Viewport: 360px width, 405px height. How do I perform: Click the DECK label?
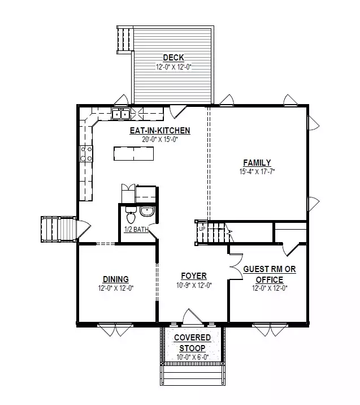point(174,57)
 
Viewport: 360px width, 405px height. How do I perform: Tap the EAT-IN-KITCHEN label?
point(160,131)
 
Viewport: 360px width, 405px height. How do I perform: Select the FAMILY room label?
point(257,163)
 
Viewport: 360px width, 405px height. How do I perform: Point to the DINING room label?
point(116,279)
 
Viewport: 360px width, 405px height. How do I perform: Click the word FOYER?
point(194,276)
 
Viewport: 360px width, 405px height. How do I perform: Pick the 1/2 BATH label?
point(137,229)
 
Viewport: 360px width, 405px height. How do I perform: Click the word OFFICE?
point(270,280)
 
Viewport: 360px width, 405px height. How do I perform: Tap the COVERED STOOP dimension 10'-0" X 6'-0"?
point(193,357)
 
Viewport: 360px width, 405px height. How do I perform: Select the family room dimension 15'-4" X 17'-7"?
point(257,172)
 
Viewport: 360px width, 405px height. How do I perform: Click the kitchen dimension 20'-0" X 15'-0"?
point(160,140)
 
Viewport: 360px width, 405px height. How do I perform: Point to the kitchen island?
point(134,154)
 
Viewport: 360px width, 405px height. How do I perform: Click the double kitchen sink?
point(120,114)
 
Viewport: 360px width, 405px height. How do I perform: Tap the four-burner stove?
point(86,153)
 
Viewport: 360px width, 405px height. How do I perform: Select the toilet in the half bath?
point(131,215)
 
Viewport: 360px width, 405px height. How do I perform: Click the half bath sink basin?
point(147,211)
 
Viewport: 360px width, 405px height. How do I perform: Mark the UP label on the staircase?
point(202,229)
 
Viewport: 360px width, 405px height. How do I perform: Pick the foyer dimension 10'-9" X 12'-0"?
point(194,286)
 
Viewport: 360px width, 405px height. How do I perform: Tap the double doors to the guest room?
point(236,266)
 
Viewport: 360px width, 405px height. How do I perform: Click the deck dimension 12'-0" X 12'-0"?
point(174,67)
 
